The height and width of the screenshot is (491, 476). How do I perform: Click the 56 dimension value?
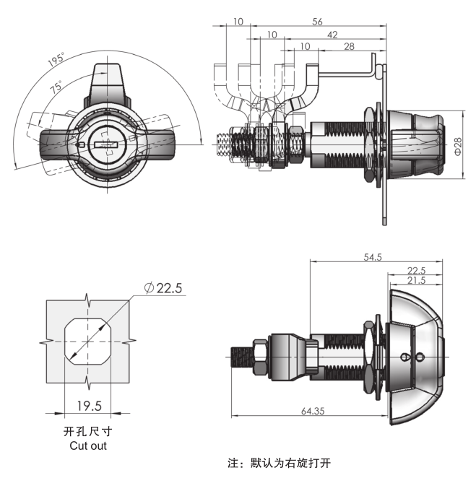point(317,22)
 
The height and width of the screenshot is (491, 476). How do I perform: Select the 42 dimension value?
point(332,35)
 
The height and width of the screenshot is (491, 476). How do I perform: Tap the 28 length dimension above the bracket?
point(349,46)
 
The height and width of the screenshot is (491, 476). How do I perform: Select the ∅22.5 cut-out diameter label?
point(163,288)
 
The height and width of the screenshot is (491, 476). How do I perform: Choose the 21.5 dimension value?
point(416,280)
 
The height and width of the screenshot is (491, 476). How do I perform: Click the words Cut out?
point(88,446)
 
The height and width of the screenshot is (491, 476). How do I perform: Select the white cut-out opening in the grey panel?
point(87,341)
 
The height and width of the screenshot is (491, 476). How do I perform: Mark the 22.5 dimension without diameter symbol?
point(416,270)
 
